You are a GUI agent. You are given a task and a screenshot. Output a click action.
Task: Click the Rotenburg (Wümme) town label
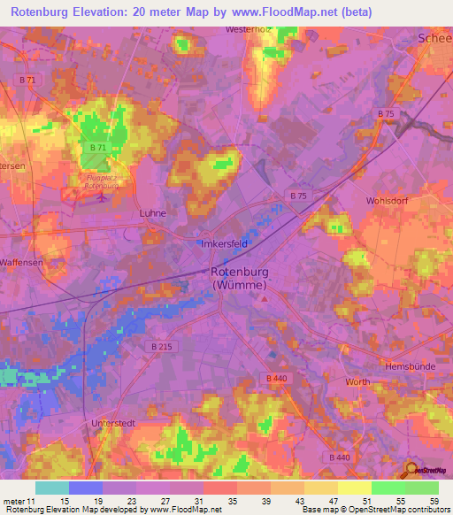pyautogui.click(x=242, y=279)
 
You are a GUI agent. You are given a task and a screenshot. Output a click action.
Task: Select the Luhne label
pyautogui.click(x=153, y=213)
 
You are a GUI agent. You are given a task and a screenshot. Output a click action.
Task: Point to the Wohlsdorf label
pyautogui.click(x=386, y=201)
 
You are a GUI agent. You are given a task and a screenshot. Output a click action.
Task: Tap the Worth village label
pyautogui.click(x=358, y=381)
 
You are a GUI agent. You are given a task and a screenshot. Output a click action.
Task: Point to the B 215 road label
pyautogui.click(x=160, y=347)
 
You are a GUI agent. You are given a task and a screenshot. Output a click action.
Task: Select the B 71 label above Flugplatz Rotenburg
pyautogui.click(x=98, y=147)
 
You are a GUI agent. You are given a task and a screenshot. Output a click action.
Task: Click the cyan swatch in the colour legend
pyautogui.click(x=51, y=488)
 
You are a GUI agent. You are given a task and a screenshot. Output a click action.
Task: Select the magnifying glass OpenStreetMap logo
pyautogui.click(x=411, y=470)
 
